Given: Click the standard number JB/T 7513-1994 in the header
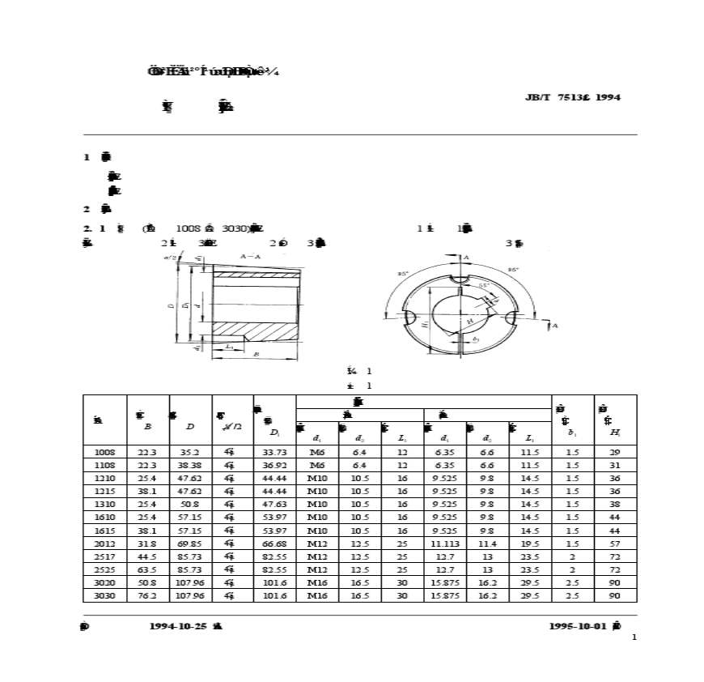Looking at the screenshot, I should [573, 97].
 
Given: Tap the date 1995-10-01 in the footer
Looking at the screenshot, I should [578, 626].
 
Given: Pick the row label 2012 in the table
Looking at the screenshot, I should [104, 543].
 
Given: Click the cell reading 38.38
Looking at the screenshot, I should [190, 466].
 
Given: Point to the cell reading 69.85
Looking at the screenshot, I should [190, 543].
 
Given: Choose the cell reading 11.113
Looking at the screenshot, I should [445, 543].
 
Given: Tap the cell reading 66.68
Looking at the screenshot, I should [274, 543].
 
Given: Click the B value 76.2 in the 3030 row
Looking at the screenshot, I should [147, 595].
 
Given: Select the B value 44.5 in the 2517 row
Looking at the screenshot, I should [147, 556].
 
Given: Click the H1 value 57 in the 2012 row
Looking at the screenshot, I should [615, 543].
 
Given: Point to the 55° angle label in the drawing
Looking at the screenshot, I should [482, 286].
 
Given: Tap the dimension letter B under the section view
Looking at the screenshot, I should [256, 354].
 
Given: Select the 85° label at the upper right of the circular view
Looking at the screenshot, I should [512, 270].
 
